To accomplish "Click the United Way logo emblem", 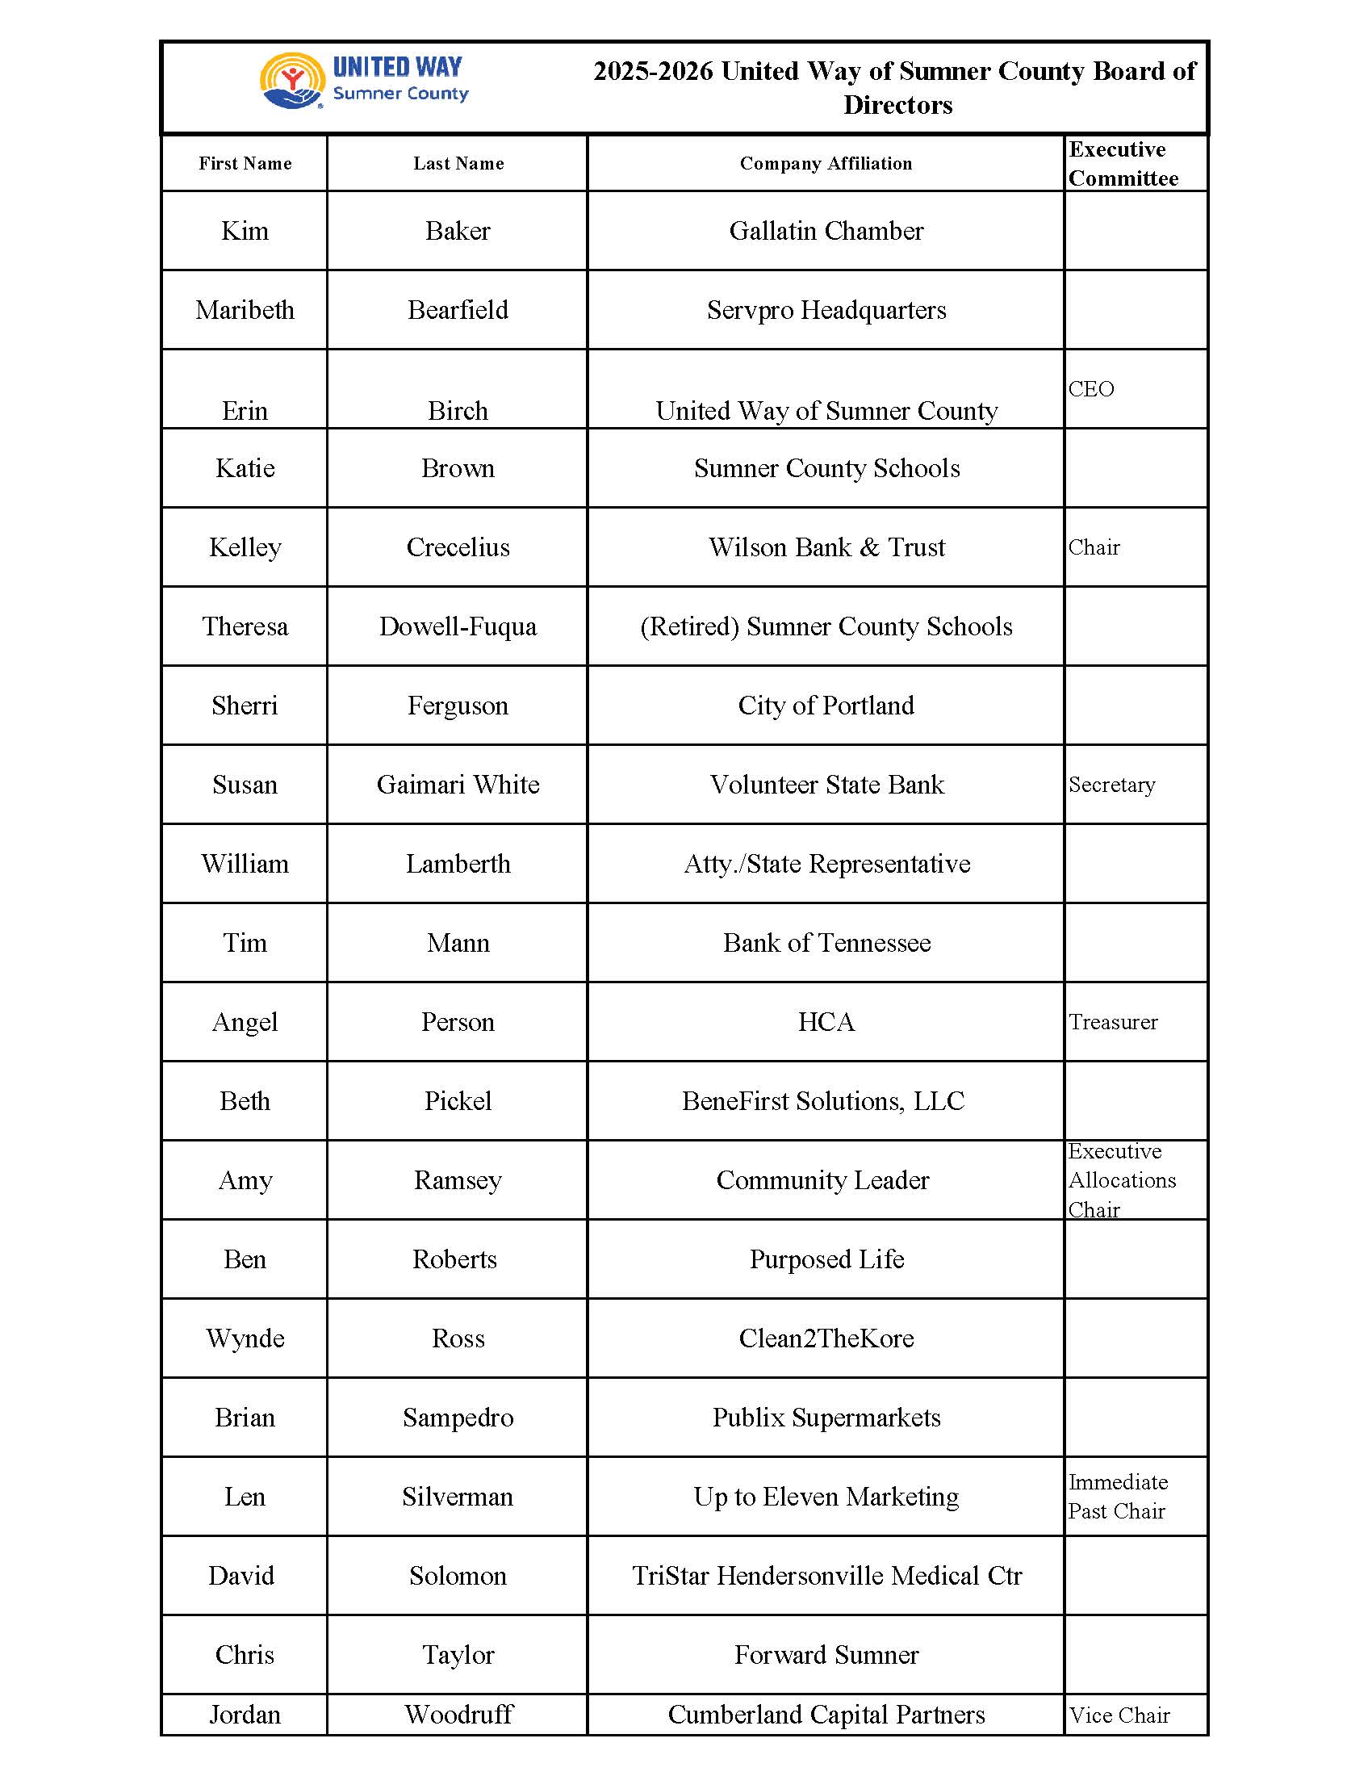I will point(291,81).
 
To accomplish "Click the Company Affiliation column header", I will point(826,163).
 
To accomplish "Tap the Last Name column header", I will point(458,163).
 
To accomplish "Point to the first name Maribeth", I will point(245,310).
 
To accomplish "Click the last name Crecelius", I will point(458,547).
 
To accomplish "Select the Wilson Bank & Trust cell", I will point(826,547).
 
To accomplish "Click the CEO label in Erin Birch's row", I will point(1091,389).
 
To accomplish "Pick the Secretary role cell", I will point(1112,785).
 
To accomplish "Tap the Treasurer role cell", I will point(1113,1022).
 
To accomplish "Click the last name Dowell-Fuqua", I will point(458,626).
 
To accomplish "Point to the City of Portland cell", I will point(826,705).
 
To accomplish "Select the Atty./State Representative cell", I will point(826,864).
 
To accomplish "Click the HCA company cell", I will point(826,1022).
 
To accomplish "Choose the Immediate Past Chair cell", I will point(1118,1496).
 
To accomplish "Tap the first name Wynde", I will point(245,1338).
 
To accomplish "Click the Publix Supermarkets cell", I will point(826,1418).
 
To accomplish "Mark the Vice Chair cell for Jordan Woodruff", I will point(1119,1715).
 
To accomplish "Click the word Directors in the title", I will point(897,105).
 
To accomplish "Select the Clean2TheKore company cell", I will point(826,1338).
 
